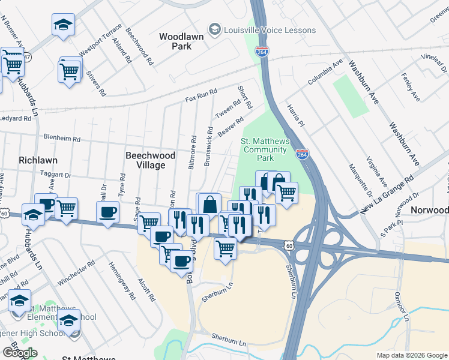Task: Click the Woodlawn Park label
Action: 181,41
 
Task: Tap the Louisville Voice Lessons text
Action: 270,30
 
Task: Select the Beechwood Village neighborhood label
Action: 150,160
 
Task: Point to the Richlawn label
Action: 38,160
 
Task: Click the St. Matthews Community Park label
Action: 266,149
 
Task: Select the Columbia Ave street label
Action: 325,71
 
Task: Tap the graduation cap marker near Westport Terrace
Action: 63,25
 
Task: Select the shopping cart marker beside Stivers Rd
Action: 70,71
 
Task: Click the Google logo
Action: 19,353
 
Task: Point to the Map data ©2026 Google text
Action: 412,355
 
